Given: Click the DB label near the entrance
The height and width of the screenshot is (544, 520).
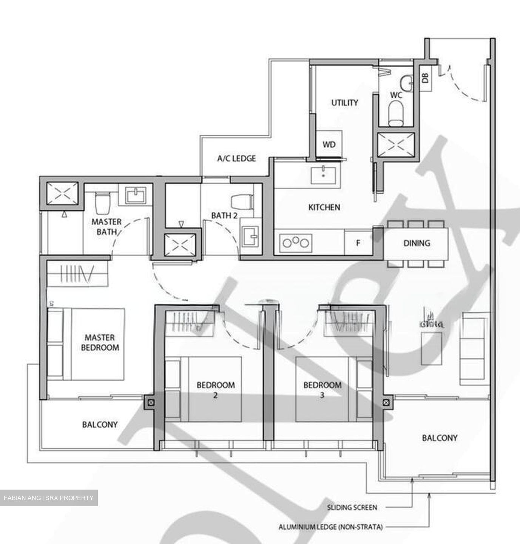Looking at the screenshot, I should [426, 78].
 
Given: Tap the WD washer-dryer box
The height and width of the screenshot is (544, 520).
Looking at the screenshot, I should [329, 144].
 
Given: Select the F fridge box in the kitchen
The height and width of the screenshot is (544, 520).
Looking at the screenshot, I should [358, 243].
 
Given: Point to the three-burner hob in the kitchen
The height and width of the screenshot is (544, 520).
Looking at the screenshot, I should [296, 243].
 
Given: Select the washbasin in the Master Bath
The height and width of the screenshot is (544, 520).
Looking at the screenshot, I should [135, 195].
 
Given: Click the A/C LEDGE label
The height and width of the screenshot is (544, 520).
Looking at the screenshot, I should [237, 158].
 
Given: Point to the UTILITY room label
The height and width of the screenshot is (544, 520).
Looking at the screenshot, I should [344, 103].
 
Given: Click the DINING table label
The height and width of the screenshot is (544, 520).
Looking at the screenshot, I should [417, 243].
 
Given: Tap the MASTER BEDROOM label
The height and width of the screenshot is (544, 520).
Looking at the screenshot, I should [100, 342].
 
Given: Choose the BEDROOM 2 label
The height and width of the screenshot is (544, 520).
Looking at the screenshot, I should [216, 390].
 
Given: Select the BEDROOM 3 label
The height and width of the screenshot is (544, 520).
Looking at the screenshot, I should [322, 390].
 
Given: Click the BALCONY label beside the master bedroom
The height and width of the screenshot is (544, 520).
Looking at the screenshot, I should [100, 425].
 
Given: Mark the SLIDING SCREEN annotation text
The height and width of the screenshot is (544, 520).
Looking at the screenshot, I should [352, 507].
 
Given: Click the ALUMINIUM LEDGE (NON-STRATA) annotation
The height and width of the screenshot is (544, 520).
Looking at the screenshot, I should [330, 527].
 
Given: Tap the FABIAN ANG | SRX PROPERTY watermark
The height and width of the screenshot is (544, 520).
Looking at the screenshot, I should [49, 498].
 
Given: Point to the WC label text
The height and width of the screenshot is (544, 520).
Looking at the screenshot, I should [396, 95].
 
